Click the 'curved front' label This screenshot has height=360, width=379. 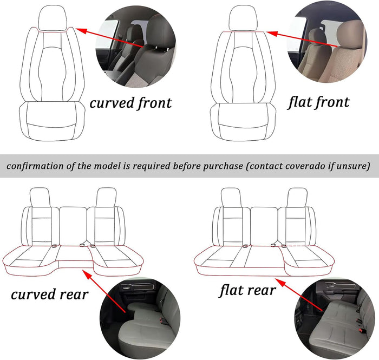click(x=130, y=102)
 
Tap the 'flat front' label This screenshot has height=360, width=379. click(x=318, y=101)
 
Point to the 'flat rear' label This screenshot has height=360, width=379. click(x=247, y=290)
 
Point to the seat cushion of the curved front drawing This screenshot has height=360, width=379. click(x=52, y=120)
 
